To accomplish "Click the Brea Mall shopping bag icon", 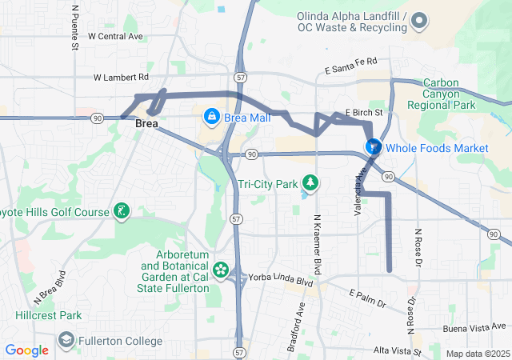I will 212,117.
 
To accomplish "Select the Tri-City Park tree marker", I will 310,184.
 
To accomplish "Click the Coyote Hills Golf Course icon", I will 121,212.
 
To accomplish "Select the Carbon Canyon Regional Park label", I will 441,94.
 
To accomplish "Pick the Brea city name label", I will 147,124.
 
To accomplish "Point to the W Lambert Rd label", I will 121,78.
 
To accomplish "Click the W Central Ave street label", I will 115,36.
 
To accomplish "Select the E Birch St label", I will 364,113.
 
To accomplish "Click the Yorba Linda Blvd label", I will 283,282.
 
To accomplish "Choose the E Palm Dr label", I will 367,298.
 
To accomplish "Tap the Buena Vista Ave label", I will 476,327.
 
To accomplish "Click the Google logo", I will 26,350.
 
